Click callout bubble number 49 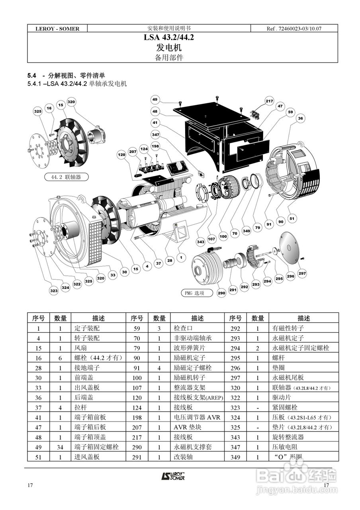click(155, 100)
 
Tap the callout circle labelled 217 click(270, 101)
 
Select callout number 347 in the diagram click(155, 135)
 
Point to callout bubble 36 click(300, 118)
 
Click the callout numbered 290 click(221, 293)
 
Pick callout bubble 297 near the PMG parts click(302, 273)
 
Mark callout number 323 click(54, 291)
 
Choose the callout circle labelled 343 click(201, 242)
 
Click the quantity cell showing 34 click(60, 447)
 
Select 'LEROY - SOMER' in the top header click(57, 29)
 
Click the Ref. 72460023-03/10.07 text click(293, 29)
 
